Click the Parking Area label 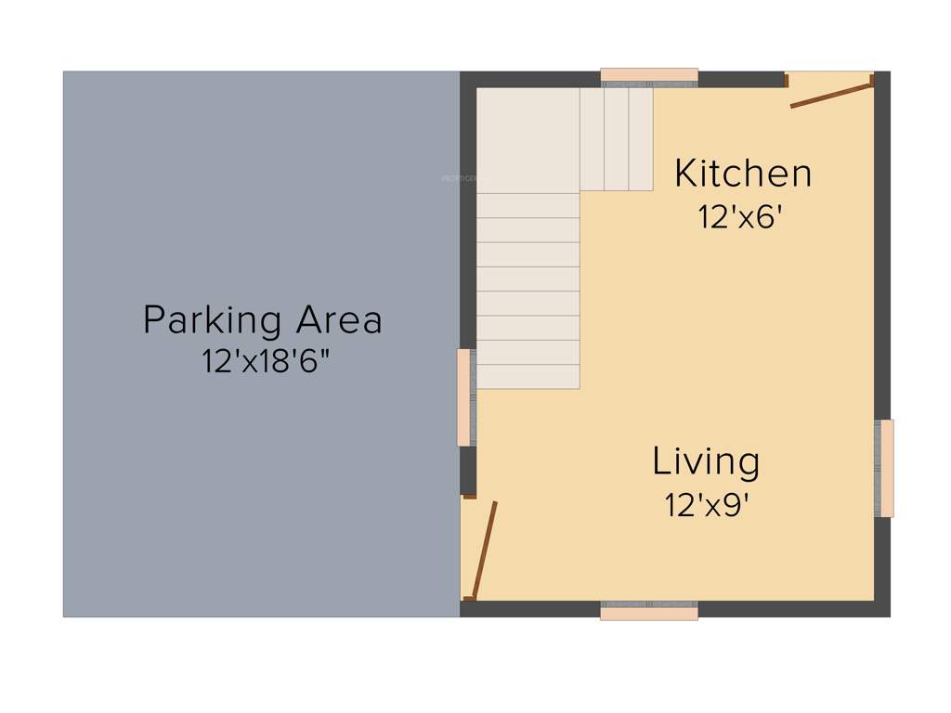tap(262, 320)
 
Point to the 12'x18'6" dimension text tap(267, 361)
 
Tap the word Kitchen tap(742, 174)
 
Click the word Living tap(706, 461)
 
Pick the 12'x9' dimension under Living tap(706, 505)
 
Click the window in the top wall tap(649, 77)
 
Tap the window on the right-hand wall tap(884, 468)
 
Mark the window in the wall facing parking tap(466, 397)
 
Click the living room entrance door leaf tap(485, 550)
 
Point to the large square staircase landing tap(528, 139)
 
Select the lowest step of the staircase tap(528, 377)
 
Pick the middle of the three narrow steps tap(617, 139)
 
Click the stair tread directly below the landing tap(528, 205)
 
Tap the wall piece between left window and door tap(468, 470)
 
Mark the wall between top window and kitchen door tap(741, 79)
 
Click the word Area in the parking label tap(339, 320)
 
